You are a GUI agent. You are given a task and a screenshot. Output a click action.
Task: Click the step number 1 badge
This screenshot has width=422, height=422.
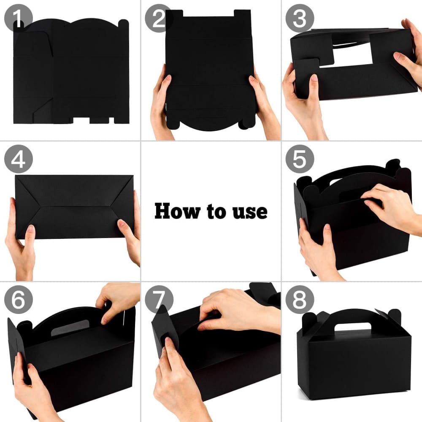point(18,18)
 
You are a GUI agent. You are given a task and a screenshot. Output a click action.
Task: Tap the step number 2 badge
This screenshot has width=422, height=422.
point(159,18)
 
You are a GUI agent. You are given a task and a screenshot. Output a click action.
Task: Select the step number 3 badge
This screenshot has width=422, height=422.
point(300,18)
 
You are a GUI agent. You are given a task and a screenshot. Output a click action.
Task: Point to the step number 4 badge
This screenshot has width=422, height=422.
point(18,159)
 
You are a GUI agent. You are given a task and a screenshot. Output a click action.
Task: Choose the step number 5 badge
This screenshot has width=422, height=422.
point(300,159)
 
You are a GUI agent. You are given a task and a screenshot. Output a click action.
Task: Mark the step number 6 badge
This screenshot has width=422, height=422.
point(18,300)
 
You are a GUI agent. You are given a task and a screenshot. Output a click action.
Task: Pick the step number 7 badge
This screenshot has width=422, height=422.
point(159,300)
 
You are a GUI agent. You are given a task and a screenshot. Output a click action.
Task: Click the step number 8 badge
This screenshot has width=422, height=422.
point(300,300)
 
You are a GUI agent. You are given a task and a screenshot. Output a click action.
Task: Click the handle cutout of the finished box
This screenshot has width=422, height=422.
point(352,327)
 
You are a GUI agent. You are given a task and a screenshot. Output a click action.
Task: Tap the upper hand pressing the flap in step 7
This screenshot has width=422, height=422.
point(238,309)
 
